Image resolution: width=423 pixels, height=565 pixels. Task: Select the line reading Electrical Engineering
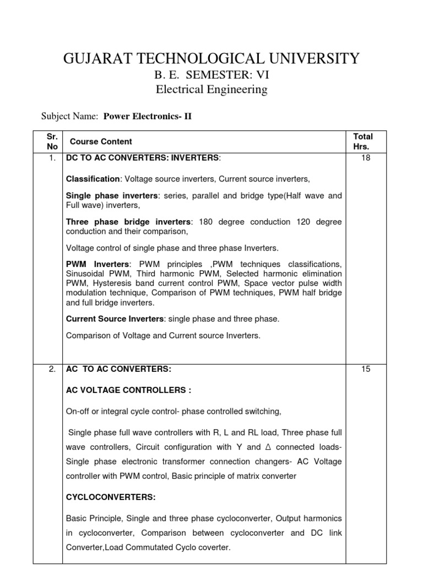pos(211,89)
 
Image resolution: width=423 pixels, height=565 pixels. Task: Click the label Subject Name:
pos(70,116)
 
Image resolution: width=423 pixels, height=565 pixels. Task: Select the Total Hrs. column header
pos(363,141)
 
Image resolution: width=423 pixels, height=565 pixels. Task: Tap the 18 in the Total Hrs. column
pos(366,158)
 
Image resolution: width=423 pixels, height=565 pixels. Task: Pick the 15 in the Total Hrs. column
pos(366,369)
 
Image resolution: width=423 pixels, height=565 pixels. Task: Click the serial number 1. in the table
pos(52,158)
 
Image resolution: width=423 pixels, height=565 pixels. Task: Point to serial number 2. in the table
pos(52,369)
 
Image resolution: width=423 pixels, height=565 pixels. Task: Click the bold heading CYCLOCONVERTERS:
pos(111,497)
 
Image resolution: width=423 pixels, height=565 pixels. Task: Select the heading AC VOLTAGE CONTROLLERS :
pos(128,390)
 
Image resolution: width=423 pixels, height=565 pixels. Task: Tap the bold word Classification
pos(93,179)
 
